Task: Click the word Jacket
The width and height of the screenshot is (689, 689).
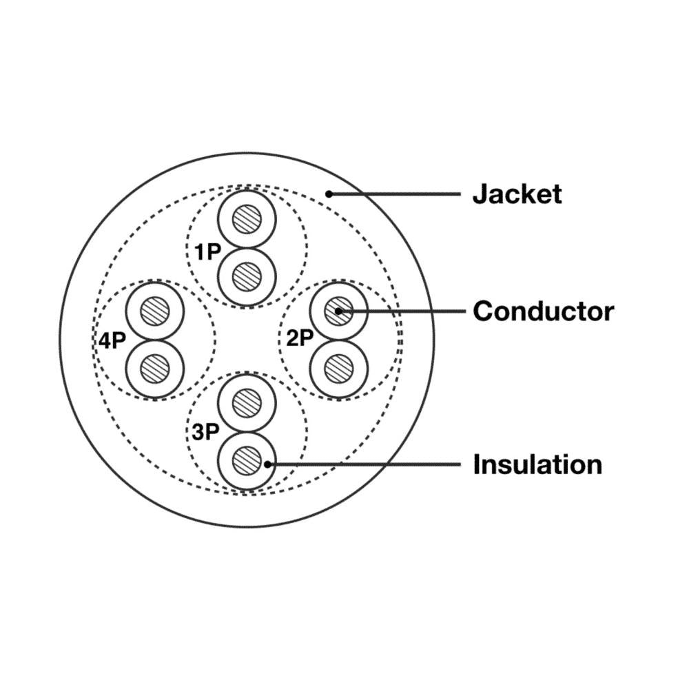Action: pos(517,194)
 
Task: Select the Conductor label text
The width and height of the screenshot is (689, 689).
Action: pos(543,311)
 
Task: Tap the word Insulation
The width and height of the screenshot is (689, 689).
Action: pos(537,464)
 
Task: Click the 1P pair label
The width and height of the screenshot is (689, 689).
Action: pos(206,252)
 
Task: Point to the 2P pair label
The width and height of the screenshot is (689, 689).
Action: pos(300,338)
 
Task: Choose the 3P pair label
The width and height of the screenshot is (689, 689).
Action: pos(205,432)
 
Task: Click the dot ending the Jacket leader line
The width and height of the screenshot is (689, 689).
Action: pos(329,194)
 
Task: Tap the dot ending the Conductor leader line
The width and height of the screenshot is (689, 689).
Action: pos(339,311)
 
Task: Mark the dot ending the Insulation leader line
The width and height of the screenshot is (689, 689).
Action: pos(267,464)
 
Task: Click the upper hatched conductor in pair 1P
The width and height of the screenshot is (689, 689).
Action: pos(247,220)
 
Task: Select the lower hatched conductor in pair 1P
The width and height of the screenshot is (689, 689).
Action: pos(247,277)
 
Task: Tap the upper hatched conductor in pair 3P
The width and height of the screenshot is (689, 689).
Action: pos(247,403)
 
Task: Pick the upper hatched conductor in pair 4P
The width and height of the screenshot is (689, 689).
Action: pos(155,311)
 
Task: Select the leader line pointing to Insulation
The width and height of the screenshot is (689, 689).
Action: pos(365,464)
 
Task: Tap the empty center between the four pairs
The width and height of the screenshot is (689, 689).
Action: pos(247,340)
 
